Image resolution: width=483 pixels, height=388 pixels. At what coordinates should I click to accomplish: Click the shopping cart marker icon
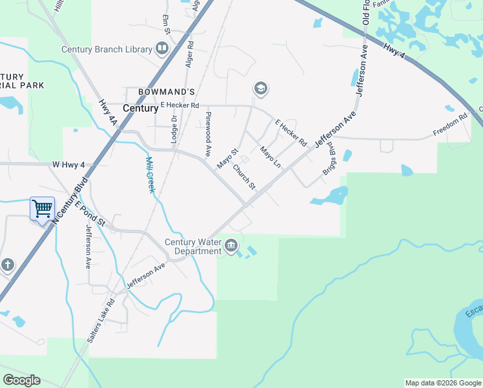point(42,209)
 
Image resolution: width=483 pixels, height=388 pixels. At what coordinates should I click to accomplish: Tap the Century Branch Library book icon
point(162,48)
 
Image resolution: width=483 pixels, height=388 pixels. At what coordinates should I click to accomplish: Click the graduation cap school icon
point(260,89)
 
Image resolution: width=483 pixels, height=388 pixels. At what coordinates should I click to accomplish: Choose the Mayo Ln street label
point(271,158)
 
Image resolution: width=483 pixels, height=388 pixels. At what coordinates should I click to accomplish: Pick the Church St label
point(245,178)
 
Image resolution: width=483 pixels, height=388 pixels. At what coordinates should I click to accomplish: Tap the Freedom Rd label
point(449,124)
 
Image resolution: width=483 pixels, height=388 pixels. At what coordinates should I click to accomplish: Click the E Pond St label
point(90,213)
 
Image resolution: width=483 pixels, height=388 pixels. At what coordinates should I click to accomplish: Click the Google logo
point(21,380)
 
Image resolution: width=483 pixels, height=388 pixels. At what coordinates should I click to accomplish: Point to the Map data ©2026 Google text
point(443,383)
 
